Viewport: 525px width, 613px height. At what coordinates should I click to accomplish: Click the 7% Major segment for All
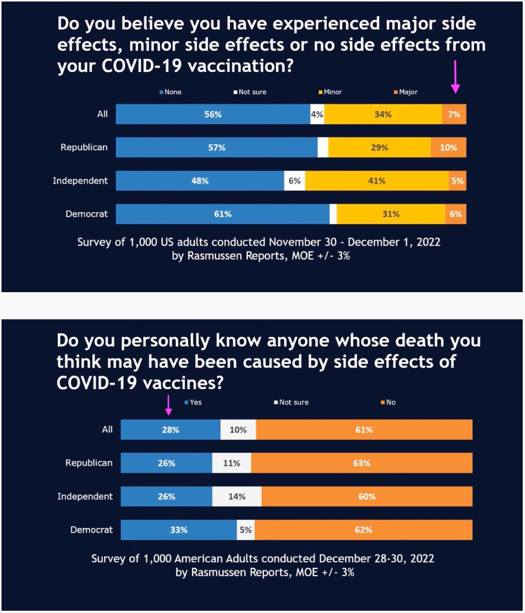coord(454,114)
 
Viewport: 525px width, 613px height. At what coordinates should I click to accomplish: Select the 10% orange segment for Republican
coord(448,148)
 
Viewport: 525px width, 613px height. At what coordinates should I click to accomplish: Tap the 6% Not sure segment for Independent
coord(295,181)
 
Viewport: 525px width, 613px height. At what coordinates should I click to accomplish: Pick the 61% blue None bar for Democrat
coord(222,214)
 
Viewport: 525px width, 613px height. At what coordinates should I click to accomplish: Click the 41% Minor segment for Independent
coord(377,181)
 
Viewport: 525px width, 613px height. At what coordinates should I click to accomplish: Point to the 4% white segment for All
coord(317,114)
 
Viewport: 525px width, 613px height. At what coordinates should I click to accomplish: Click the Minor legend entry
coord(330,92)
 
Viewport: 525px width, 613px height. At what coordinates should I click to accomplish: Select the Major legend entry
coord(406,92)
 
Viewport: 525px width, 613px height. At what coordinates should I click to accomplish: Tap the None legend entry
coord(171,92)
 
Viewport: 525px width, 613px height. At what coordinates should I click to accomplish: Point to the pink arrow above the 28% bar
coord(168,405)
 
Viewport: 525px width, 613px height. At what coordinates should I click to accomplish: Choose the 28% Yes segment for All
coord(170,430)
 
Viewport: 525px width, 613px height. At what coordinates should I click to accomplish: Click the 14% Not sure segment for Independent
coord(237,496)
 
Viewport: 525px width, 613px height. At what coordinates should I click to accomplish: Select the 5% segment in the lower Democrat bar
coord(246,530)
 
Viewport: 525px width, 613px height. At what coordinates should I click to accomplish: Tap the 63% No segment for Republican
coord(361,463)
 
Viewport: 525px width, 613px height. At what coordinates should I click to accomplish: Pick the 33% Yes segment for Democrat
coord(179,530)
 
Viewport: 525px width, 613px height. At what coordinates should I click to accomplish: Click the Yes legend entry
coord(193,402)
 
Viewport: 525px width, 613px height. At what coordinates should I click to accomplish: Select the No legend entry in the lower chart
coord(389,402)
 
